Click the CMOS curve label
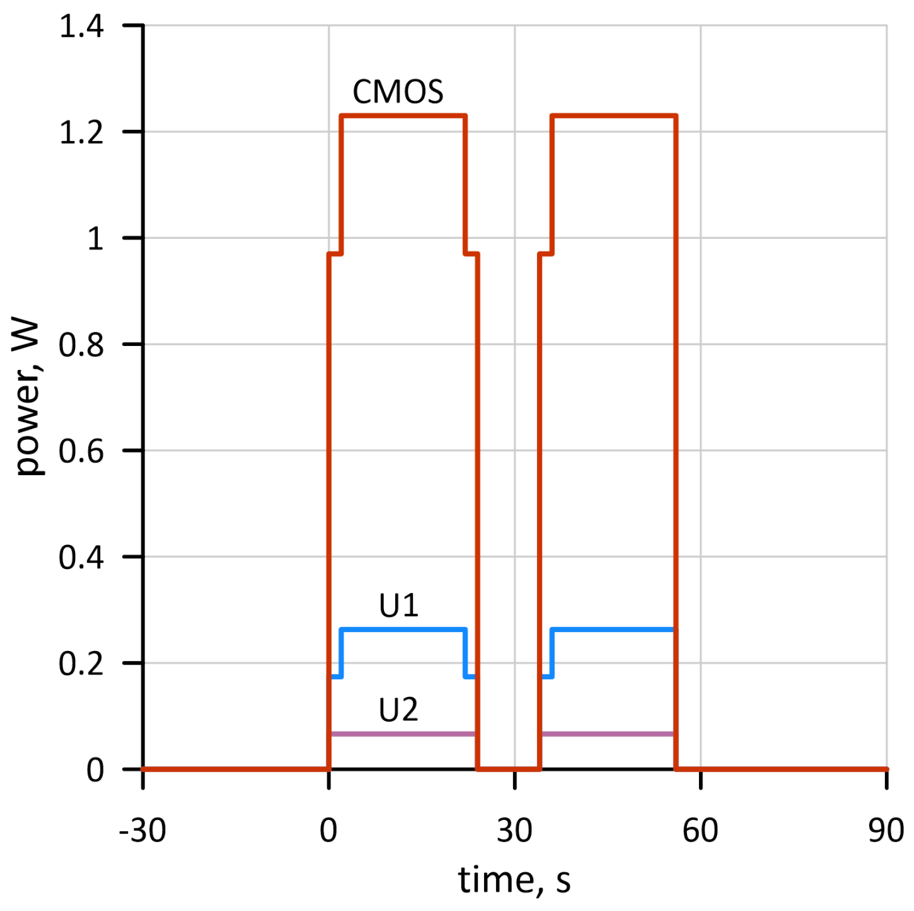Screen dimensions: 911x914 (x=398, y=92)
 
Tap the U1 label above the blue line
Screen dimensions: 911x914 (x=398, y=605)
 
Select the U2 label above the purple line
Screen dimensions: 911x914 (x=398, y=710)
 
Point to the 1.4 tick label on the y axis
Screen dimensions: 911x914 (x=81, y=26)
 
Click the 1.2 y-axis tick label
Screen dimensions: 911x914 (x=81, y=133)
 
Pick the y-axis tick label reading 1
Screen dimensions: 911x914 (x=95, y=238)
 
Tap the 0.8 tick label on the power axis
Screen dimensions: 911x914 (x=81, y=345)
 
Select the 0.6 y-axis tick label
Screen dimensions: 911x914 (x=81, y=451)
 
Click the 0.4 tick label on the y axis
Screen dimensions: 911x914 (x=81, y=557)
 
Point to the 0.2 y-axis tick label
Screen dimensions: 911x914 (x=81, y=663)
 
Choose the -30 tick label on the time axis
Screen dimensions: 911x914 (x=142, y=830)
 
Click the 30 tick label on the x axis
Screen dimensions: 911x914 (x=514, y=830)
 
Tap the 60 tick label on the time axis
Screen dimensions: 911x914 (x=700, y=830)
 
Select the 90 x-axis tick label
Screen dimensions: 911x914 (x=886, y=830)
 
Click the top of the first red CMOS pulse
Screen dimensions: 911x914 (x=403, y=116)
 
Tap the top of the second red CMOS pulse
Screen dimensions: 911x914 (x=614, y=116)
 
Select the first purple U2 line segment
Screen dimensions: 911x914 (x=402, y=734)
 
